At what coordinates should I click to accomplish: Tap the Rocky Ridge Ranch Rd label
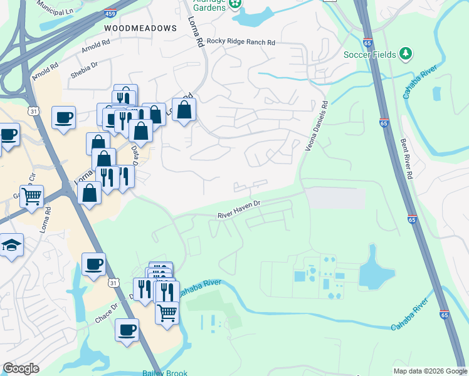[x=241, y=42]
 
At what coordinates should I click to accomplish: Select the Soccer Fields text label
[x=369, y=55]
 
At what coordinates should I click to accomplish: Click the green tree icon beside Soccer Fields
[x=406, y=54]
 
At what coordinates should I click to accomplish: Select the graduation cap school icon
[x=11, y=244]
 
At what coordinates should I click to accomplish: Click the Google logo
[x=21, y=368]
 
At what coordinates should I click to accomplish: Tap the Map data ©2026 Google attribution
[x=429, y=371]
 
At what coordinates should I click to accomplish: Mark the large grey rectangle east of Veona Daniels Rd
[x=335, y=198]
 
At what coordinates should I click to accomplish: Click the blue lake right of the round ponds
[x=377, y=268]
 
